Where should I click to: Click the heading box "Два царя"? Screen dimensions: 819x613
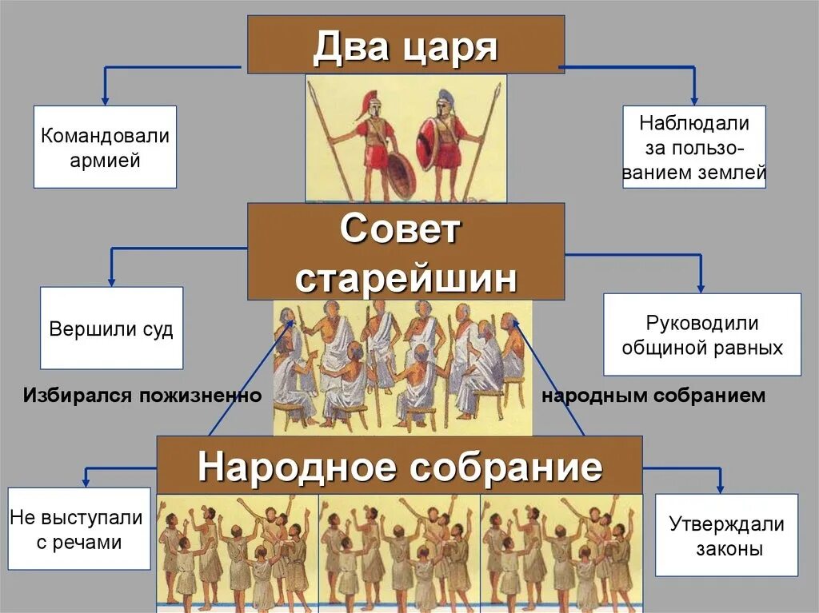[x=405, y=46]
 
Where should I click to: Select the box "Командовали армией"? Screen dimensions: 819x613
[x=105, y=147]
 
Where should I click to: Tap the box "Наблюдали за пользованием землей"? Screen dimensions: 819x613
[x=693, y=147]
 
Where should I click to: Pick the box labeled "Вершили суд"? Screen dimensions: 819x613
[x=111, y=328]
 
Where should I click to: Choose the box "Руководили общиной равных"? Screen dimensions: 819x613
[x=701, y=335]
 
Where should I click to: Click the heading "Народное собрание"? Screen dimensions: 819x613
[x=399, y=465]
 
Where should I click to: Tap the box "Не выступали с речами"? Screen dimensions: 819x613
[x=78, y=529]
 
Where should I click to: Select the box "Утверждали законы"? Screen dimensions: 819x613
[x=726, y=535]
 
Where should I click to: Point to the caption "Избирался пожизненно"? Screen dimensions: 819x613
[x=142, y=396]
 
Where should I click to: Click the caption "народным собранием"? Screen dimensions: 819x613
[x=653, y=396]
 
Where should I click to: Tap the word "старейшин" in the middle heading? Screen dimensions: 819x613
[x=406, y=276]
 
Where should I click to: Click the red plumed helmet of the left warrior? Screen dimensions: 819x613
[x=368, y=102]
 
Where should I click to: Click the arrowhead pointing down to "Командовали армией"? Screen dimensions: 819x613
[x=104, y=99]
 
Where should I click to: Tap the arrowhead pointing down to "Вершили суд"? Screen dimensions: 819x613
[x=111, y=281]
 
